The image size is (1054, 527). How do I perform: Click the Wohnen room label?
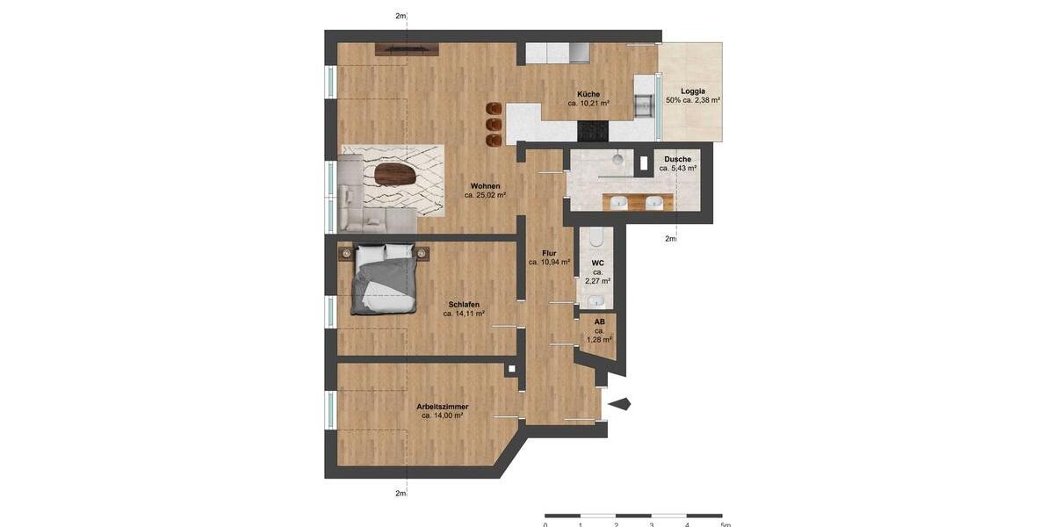pos(485,185)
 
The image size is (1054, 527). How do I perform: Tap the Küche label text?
pos(588,94)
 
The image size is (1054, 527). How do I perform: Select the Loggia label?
pos(693,90)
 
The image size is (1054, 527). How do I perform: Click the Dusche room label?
pos(677,159)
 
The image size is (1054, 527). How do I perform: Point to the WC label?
pos(597,263)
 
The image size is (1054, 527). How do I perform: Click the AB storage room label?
pos(599,321)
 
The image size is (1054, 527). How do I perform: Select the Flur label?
pos(549,253)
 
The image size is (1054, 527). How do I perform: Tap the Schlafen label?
pos(464,304)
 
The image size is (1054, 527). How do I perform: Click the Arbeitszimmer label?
pos(442,407)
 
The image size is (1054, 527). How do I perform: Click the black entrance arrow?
pos(620,404)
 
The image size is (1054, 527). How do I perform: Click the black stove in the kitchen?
pos(592,131)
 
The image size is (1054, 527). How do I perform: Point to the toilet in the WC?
pos(597,237)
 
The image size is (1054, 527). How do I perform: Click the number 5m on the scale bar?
pos(726,524)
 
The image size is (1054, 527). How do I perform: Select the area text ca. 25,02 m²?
pos(485,195)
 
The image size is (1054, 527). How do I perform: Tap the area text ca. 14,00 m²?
pos(442,415)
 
